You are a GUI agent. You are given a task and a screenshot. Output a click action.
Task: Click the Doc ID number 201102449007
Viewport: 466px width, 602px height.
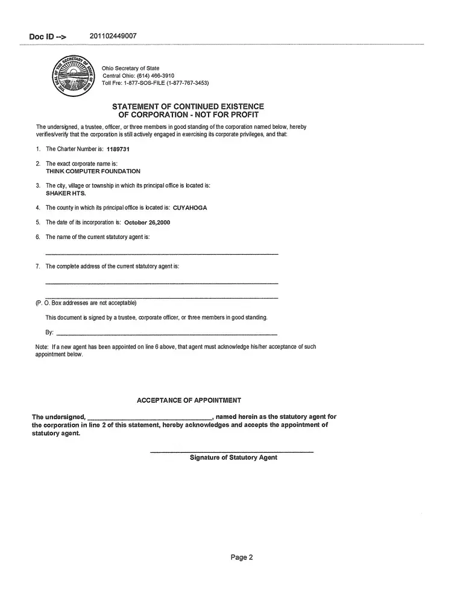click(113, 36)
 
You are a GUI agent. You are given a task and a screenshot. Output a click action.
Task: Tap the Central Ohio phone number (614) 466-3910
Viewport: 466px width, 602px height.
click(151, 75)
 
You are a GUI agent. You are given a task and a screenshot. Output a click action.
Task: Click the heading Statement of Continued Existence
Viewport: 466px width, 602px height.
click(188, 107)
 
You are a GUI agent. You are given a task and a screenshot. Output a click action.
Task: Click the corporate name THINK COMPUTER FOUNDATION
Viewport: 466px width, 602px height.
click(93, 171)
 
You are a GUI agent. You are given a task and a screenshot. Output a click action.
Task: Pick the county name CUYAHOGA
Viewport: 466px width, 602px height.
click(190, 208)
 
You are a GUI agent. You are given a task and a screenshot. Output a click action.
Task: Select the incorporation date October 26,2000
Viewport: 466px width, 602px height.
click(147, 222)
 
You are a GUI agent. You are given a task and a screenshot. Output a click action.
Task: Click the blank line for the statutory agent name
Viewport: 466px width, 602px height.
click(162, 253)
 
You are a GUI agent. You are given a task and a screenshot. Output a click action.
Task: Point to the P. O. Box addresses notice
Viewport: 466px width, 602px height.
click(86, 302)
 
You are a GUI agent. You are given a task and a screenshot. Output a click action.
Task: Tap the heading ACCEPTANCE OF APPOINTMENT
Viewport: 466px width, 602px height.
click(189, 400)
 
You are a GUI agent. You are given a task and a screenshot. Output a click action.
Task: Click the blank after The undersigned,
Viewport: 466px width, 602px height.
click(150, 417)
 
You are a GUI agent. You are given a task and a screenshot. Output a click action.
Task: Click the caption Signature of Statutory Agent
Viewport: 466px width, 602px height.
click(233, 458)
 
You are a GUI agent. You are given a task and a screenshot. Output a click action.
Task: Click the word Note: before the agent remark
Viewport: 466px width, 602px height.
click(42, 347)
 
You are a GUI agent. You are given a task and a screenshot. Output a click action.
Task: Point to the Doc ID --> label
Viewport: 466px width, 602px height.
click(48, 37)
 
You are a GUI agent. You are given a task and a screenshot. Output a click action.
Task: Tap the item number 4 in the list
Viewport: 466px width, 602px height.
click(37, 208)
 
